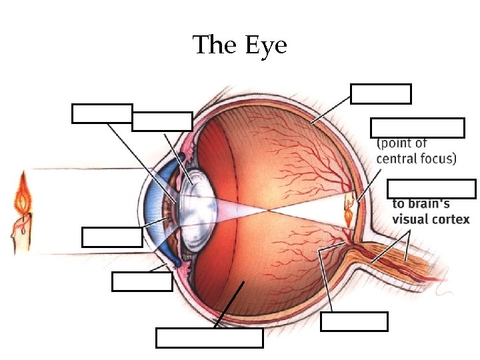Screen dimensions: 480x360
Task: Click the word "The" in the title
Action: (x=215, y=45)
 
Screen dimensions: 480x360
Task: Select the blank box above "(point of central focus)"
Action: (x=417, y=127)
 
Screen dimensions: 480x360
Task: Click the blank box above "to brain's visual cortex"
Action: (x=431, y=189)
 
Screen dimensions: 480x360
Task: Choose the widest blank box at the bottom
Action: (x=209, y=338)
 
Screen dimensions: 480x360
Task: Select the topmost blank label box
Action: (x=381, y=94)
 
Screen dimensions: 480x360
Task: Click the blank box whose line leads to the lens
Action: (x=162, y=121)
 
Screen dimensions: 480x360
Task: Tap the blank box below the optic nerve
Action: (x=354, y=321)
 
